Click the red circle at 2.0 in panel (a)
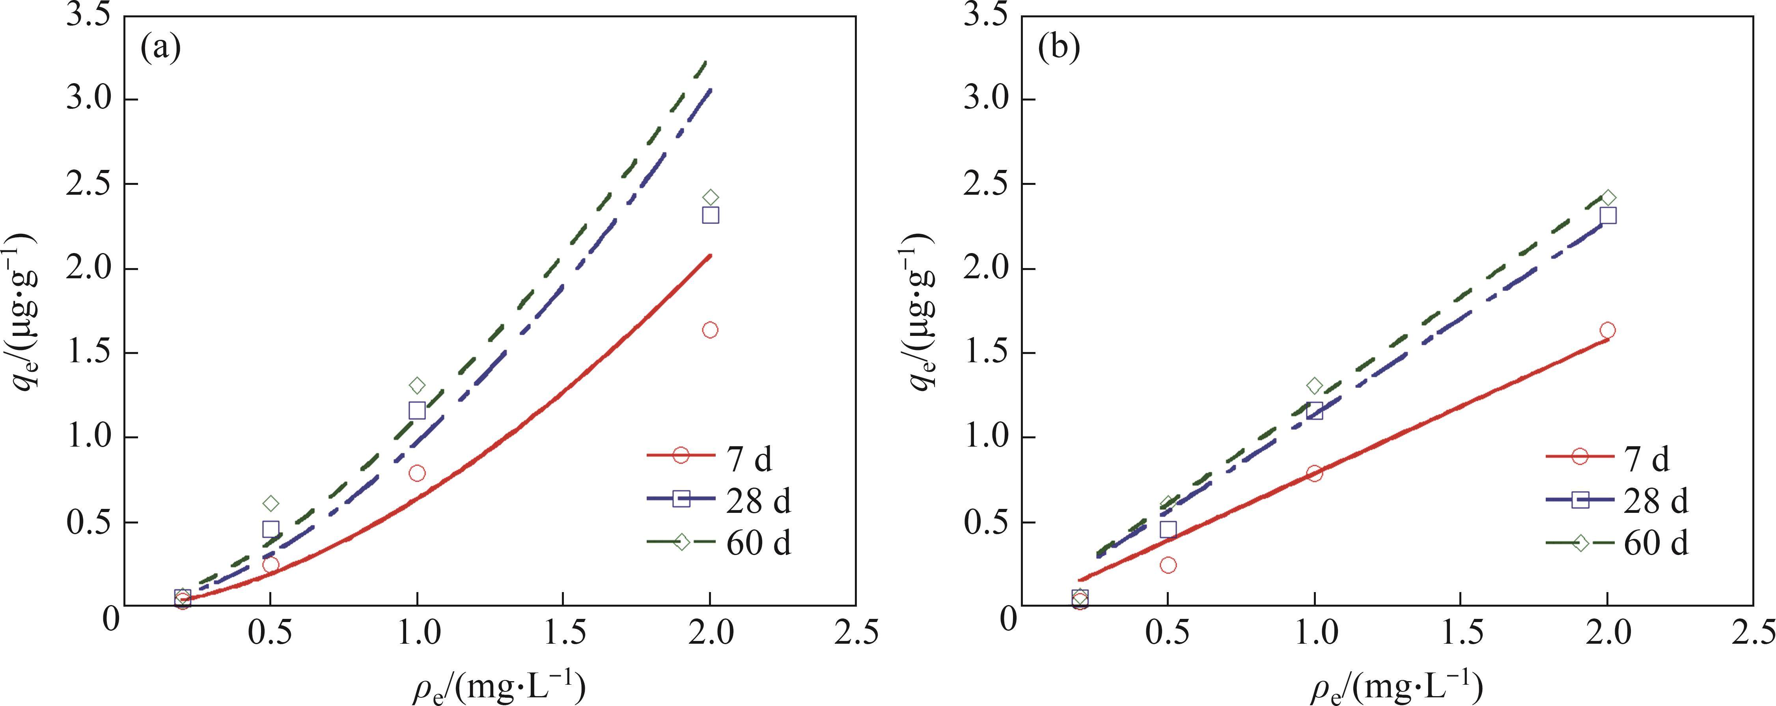point(710,330)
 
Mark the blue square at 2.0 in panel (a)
point(710,215)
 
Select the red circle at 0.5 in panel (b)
point(1168,564)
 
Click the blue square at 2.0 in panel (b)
point(1608,215)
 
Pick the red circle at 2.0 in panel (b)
point(1608,330)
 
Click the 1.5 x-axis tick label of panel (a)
point(563,633)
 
